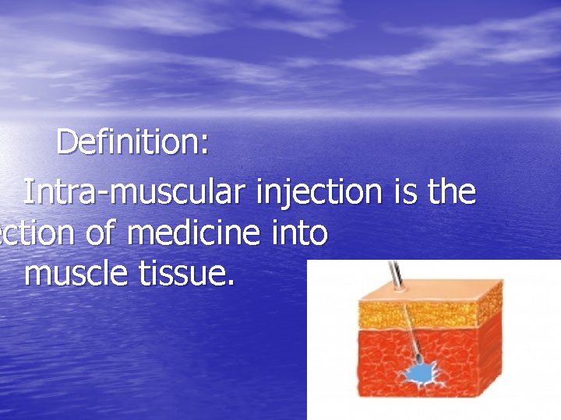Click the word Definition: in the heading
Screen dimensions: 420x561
(132, 143)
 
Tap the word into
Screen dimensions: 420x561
(301, 234)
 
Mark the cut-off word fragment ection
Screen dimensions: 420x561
(34, 234)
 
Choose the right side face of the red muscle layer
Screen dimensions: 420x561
(489, 358)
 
